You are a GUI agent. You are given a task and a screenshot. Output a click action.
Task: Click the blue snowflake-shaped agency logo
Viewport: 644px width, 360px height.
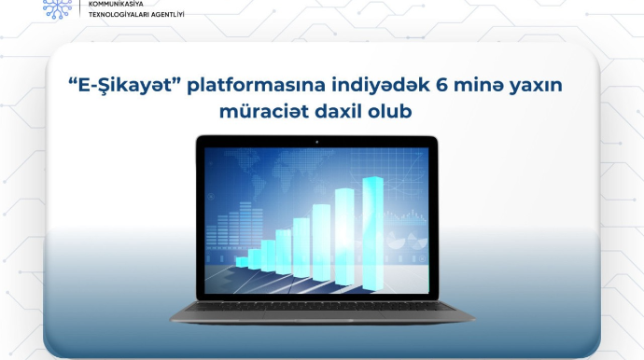pos(56,7)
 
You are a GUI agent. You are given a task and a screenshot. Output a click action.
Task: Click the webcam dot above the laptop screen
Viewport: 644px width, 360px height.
pos(316,142)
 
